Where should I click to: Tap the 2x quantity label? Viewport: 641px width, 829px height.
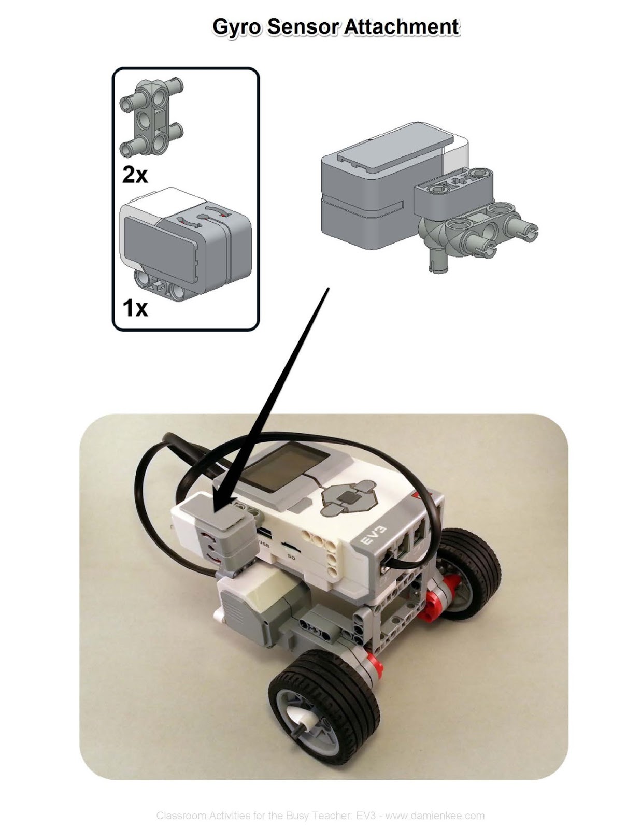tap(135, 175)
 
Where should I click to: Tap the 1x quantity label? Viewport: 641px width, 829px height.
tap(135, 308)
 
